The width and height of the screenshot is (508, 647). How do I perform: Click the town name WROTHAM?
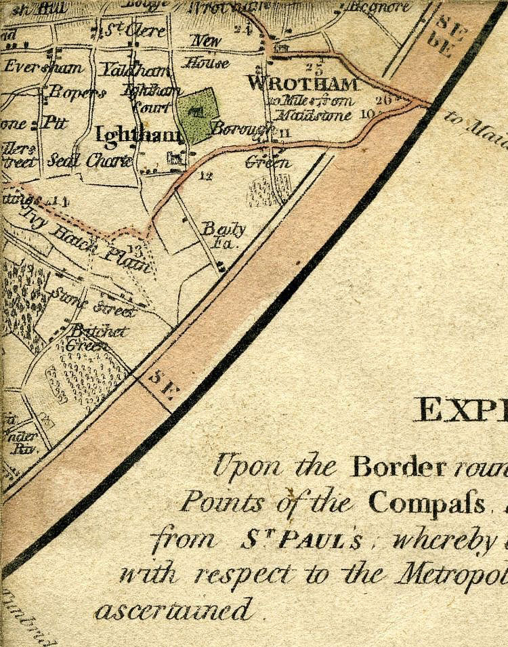[303, 84]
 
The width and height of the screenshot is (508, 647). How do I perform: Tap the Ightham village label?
[140, 135]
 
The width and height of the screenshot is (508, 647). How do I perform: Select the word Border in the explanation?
[398, 467]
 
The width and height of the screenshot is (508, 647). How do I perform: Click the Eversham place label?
[43, 67]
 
